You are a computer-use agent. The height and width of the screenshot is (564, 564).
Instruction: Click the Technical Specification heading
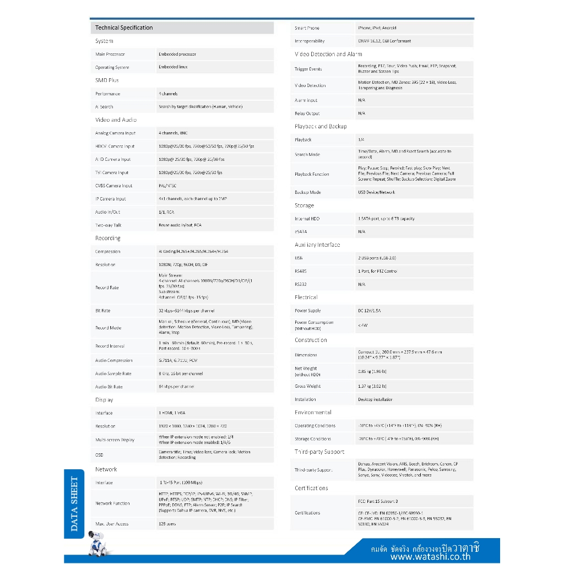[x=124, y=28]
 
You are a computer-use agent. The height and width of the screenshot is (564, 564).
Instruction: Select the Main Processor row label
[x=110, y=54]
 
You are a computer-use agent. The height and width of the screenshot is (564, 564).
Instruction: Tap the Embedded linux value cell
[x=173, y=67]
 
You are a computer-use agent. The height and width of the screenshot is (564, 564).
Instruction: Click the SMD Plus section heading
[x=107, y=80]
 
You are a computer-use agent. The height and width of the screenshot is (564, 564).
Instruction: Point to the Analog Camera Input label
[x=115, y=133]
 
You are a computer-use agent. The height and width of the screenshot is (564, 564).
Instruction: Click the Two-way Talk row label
[x=109, y=225]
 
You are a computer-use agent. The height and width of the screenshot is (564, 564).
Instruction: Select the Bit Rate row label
[x=102, y=311]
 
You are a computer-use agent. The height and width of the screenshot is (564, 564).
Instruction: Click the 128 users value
[x=167, y=524]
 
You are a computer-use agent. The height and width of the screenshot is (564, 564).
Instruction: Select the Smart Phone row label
[x=307, y=28]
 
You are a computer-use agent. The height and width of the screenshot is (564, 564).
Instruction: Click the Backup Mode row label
[x=307, y=192]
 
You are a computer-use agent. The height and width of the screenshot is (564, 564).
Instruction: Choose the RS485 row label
[x=301, y=271]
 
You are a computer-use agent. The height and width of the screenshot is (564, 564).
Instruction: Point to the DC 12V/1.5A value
[x=369, y=311]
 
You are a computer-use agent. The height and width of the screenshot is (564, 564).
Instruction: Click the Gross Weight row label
[x=307, y=386]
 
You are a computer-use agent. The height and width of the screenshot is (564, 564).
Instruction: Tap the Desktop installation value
[x=375, y=399]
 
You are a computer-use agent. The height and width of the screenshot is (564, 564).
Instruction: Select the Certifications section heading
[x=311, y=488]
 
